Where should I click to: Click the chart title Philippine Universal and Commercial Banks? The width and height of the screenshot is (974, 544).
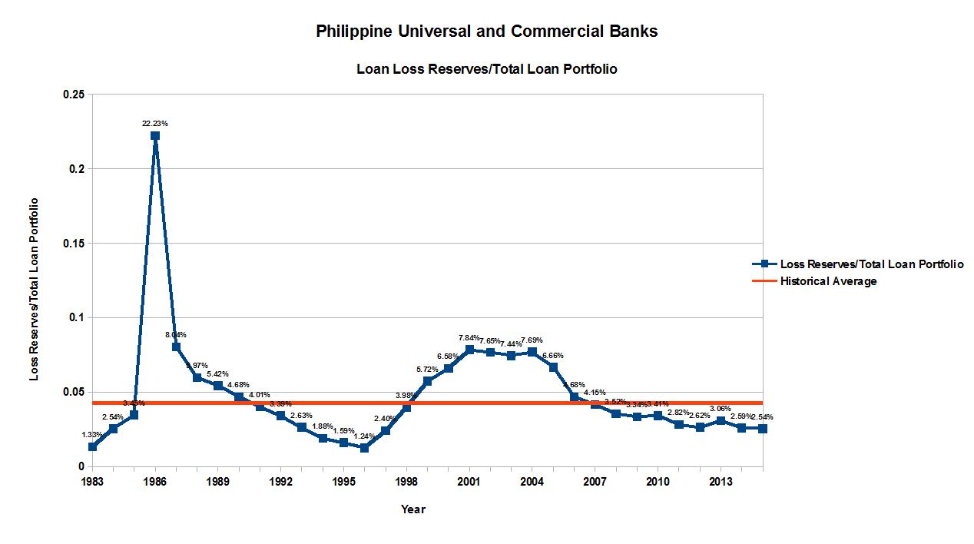point(487,32)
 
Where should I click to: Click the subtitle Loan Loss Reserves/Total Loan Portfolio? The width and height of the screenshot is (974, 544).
point(487,69)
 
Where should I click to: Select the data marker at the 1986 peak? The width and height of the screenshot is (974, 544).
point(155,136)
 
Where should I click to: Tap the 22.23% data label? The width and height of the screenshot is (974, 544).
point(155,123)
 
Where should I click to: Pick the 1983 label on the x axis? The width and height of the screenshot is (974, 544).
point(92,482)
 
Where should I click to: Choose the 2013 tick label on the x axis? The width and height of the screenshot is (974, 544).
point(721,482)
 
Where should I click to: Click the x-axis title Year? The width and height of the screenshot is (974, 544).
point(412,509)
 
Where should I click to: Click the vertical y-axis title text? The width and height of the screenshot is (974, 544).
point(35,289)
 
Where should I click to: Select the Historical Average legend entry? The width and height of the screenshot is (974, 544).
point(828,281)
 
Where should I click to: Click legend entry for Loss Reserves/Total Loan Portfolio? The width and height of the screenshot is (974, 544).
point(871,264)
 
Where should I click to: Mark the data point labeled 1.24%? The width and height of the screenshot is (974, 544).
point(365,448)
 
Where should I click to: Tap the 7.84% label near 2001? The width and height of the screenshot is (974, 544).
point(469,338)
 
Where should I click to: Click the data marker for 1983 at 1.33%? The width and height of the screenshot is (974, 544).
point(92,446)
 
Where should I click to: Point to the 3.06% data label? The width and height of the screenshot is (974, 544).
point(721,408)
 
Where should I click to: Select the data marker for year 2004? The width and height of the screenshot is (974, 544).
point(532,352)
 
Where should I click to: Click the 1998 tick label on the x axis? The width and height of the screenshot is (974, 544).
point(406,482)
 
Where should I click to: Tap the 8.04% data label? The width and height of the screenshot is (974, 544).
point(176,334)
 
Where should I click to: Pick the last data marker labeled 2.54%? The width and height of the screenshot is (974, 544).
point(762,429)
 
